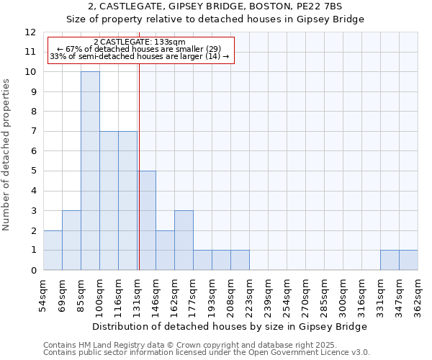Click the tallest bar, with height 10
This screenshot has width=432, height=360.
point(90,171)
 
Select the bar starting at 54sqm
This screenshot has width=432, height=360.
point(53,250)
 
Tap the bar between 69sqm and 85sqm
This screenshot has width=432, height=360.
point(71,240)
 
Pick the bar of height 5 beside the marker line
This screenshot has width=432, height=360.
point(147,220)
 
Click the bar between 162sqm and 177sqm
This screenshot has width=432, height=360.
point(184,240)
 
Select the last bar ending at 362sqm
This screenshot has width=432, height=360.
point(408,260)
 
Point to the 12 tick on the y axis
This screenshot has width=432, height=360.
point(30,32)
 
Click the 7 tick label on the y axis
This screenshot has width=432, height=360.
point(33,132)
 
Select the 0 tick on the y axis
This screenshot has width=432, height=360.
point(33,270)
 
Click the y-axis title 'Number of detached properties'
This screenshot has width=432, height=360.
point(7,156)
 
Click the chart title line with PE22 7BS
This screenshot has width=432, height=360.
point(215,6)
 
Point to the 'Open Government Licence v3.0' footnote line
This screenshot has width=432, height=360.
point(207,353)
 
